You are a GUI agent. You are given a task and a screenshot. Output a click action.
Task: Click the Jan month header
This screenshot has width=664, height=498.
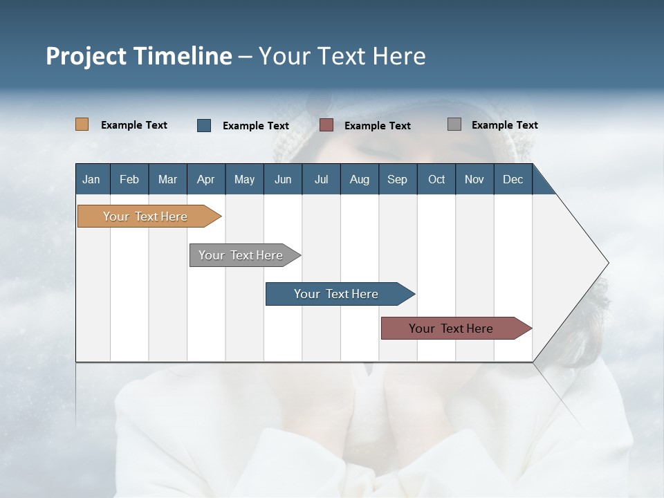coord(91,179)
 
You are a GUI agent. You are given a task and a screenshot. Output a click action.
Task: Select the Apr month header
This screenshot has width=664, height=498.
coord(205,179)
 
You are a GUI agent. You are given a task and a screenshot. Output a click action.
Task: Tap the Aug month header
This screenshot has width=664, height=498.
coord(359,179)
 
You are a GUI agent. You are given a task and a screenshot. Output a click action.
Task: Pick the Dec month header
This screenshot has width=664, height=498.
coord(513,179)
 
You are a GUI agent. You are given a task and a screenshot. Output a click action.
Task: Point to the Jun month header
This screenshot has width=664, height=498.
coord(282,179)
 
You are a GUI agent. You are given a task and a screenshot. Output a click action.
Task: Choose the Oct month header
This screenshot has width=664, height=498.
coord(436,179)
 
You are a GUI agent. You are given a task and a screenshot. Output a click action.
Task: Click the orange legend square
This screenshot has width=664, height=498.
coord(82,124)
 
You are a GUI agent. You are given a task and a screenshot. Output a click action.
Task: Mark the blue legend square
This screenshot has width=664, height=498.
coord(204,125)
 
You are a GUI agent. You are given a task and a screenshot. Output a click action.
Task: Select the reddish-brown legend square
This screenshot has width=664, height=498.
coord(326,125)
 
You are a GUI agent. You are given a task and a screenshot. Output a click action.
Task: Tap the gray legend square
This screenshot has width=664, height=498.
coord(454,124)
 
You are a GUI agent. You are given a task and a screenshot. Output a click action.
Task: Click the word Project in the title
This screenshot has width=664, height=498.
coord(86,56)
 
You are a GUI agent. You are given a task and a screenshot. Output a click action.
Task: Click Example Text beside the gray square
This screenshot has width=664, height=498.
coord(504,125)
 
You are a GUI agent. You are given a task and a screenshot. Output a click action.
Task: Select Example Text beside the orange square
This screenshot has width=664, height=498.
coord(134,125)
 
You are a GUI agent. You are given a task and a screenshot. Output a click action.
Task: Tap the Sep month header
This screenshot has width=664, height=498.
coord(397,179)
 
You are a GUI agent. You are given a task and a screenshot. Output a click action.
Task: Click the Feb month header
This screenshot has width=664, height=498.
coord(129,179)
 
